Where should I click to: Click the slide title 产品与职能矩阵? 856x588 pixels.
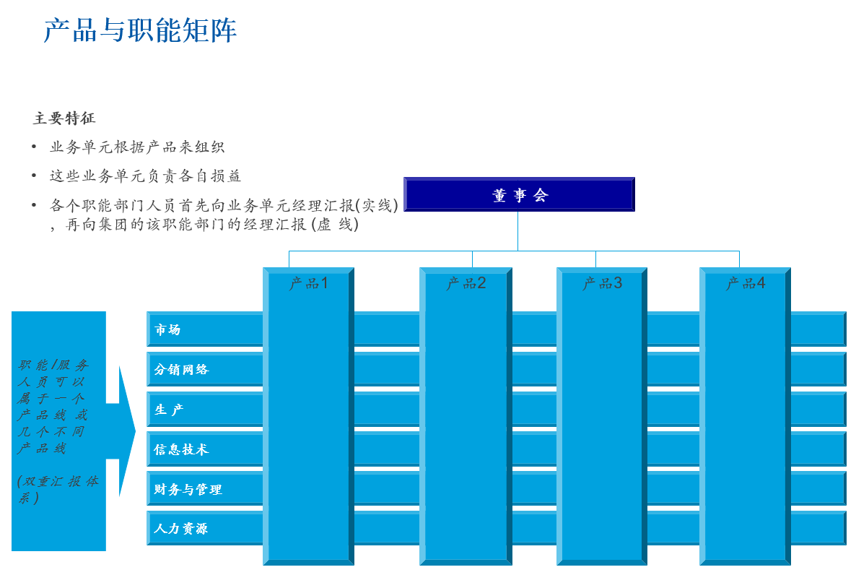tap(140, 31)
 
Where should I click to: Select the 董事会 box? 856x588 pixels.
tap(519, 194)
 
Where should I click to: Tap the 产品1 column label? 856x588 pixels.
tap(308, 283)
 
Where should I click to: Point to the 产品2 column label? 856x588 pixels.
tap(466, 283)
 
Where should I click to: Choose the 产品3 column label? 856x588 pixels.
tap(602, 283)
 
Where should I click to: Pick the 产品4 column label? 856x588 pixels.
tap(745, 283)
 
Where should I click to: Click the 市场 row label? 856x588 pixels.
tap(167, 330)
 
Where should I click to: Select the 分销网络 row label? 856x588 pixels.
tap(180, 370)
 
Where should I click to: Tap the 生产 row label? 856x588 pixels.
tap(169, 410)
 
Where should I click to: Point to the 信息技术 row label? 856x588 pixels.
tap(180, 449)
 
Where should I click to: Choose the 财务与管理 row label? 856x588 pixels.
tap(188, 490)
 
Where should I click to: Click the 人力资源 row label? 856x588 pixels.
tap(180, 529)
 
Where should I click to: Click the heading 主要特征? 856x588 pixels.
tap(64, 118)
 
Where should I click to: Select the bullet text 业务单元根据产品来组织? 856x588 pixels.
tap(137, 147)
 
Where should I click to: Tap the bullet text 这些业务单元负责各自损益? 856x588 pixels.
tap(145, 176)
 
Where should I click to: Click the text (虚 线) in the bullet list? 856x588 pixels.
tap(334, 225)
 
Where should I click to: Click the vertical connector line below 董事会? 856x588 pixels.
tap(517, 231)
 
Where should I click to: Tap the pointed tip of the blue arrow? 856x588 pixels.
tap(134, 432)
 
